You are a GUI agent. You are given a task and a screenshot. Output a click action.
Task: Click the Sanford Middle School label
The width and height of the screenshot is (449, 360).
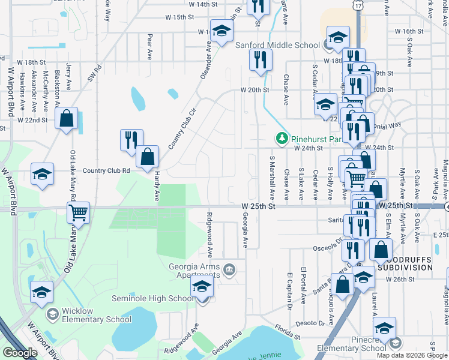pyautogui.click(x=277, y=45)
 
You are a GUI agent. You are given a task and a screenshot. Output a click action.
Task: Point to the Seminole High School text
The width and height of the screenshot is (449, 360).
pyautogui.click(x=153, y=299)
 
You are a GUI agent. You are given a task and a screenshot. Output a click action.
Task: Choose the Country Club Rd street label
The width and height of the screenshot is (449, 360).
pyautogui.click(x=107, y=170)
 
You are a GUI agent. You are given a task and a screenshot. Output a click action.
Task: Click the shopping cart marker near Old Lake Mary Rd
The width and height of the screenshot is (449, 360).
pyautogui.click(x=79, y=213)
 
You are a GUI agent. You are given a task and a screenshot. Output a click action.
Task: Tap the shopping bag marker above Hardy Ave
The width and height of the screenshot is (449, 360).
pyautogui.click(x=148, y=157)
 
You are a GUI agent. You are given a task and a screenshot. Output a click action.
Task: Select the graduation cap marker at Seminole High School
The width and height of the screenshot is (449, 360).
pyautogui.click(x=202, y=286)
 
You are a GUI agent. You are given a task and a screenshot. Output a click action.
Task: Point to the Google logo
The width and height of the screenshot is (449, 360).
pyautogui.click(x=20, y=352)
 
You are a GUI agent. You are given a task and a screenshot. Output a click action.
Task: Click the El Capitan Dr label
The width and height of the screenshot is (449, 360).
pyautogui.click(x=289, y=290)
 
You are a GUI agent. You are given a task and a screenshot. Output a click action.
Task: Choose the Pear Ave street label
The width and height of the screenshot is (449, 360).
pyautogui.click(x=149, y=47)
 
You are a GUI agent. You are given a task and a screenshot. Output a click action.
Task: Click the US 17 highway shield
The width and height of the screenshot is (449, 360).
pyautogui.click(x=358, y=5)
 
